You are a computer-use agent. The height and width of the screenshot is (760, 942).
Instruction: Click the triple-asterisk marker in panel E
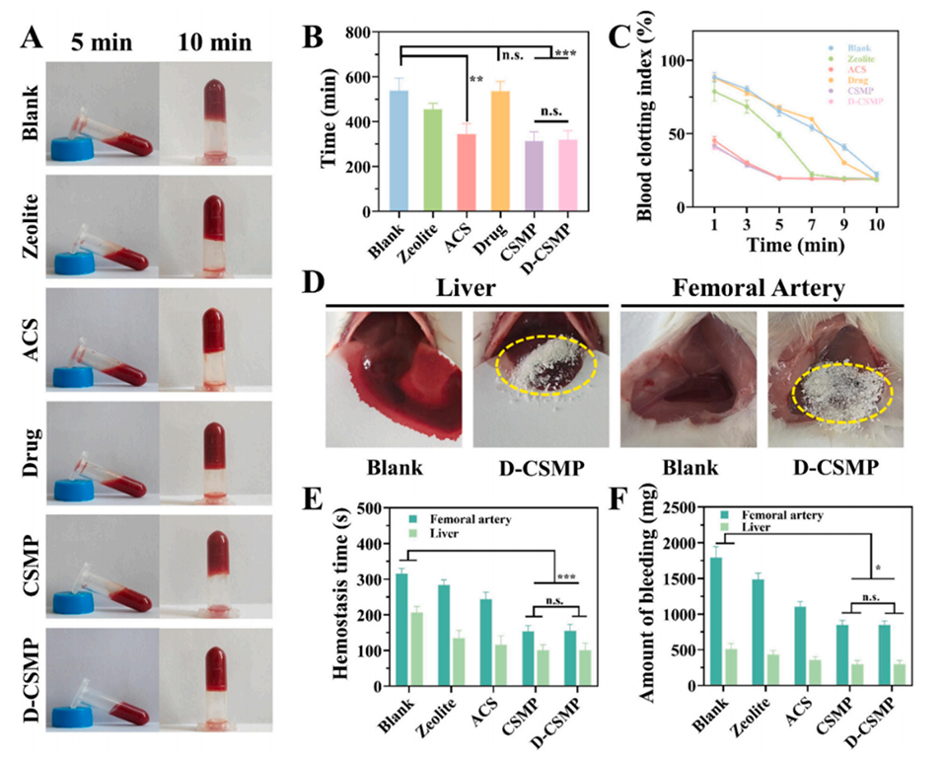(x=565, y=577)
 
